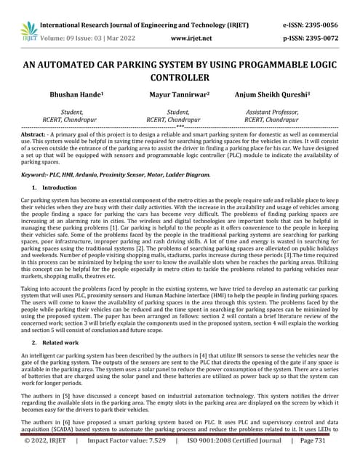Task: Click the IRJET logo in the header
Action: click(29, 28)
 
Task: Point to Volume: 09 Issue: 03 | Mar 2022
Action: click(94, 33)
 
